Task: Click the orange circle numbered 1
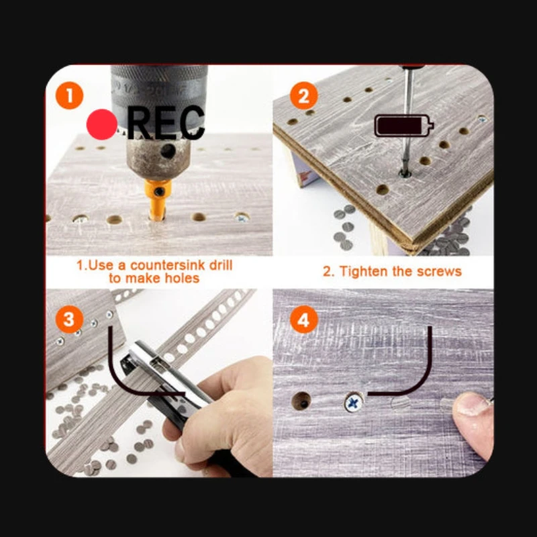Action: point(70,95)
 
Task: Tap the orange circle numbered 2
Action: point(304,95)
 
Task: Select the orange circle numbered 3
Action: point(70,320)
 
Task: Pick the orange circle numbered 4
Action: point(304,320)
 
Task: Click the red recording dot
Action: point(102,124)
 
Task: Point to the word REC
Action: point(166,123)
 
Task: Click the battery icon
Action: point(404,126)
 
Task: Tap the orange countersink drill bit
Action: point(158,199)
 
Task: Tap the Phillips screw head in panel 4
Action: point(354,402)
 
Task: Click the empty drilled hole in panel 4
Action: point(301,401)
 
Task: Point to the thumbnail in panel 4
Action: point(472,404)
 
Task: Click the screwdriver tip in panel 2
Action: point(405,173)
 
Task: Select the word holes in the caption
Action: point(182,278)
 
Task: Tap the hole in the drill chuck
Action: point(168,150)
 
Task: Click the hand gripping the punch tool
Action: point(219,413)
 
